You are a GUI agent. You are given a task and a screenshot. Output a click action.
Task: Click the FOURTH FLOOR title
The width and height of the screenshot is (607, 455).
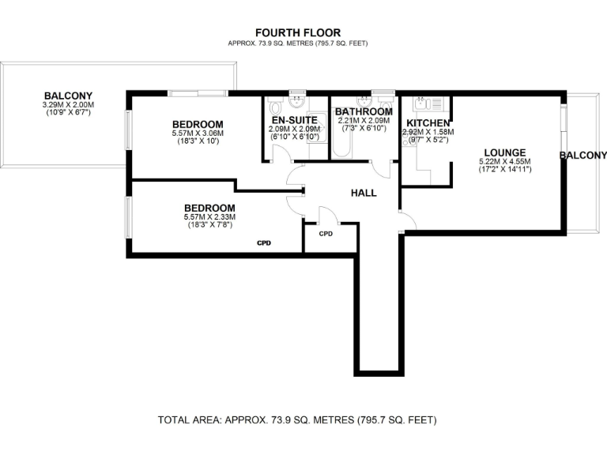[x=297, y=33]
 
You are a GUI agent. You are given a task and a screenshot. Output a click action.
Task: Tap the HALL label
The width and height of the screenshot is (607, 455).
[x=364, y=193]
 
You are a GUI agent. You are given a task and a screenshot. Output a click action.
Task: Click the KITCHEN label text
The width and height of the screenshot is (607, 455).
[x=428, y=123]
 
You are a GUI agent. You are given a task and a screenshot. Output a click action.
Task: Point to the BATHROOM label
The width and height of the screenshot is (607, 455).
[x=363, y=112]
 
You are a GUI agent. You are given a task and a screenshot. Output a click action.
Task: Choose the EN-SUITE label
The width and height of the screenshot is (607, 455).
[x=293, y=120]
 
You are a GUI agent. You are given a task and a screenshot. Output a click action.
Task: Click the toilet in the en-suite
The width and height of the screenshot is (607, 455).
[x=274, y=107]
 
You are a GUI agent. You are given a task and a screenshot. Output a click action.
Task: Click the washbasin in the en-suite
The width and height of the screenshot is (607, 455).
[x=296, y=102]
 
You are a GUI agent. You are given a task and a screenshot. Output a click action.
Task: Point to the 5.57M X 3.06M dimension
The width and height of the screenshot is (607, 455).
[x=197, y=133]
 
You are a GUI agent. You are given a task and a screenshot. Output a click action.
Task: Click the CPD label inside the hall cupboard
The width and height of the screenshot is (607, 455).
[x=325, y=235]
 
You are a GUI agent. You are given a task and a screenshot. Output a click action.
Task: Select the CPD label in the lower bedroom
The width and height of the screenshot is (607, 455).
[x=264, y=243]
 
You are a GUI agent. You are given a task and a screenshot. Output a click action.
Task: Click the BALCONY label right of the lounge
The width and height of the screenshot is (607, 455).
[x=582, y=156]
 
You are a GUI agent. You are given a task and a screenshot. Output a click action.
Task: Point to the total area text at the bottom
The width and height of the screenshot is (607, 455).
[x=297, y=419]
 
